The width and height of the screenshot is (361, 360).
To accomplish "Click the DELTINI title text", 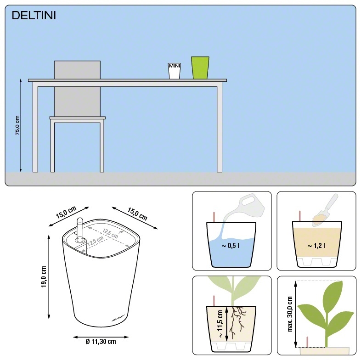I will click(34, 16).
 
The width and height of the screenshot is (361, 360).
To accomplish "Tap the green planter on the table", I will click(200, 68).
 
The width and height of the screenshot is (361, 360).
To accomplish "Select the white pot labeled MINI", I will click(175, 71).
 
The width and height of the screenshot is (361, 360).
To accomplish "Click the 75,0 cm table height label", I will click(17, 124).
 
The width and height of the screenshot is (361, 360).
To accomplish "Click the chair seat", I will click(77, 118).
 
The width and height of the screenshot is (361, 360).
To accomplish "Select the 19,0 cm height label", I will click(44, 277).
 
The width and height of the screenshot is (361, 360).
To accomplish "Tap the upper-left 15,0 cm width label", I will click(66, 214).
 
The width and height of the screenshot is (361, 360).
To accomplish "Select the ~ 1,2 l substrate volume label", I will click(316, 246).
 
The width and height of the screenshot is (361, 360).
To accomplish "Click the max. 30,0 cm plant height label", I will click(289, 314).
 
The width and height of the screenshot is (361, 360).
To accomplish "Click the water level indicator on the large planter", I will click(79, 230).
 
